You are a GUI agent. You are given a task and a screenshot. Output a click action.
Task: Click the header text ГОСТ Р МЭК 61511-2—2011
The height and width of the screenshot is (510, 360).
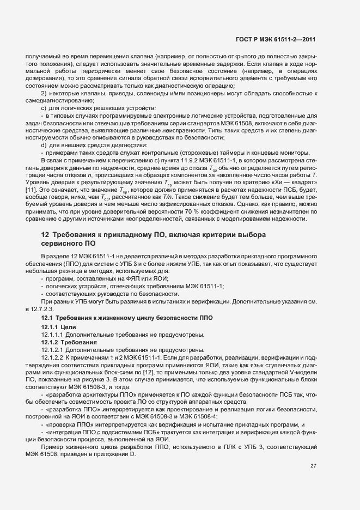pyautogui.click(x=283, y=40)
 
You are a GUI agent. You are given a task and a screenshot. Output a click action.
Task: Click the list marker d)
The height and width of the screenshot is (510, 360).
pyautogui.click(x=44, y=144)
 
